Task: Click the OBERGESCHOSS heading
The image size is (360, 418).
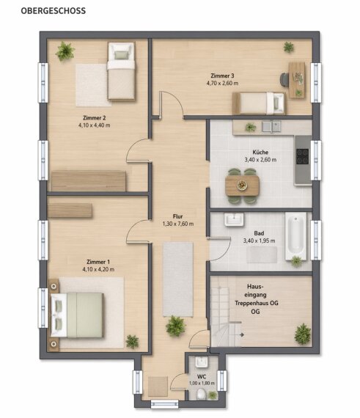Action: [54, 11]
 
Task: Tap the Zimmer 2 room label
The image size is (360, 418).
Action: [95, 118]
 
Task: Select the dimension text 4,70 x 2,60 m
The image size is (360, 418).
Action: [222, 83]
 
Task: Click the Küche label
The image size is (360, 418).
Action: [260, 153]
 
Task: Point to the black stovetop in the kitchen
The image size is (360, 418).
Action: [303, 156]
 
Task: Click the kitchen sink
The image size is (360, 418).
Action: [271, 127]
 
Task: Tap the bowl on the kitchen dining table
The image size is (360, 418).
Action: [242, 185]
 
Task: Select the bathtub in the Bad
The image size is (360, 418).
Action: [295, 236]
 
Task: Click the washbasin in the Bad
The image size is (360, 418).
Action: [234, 219]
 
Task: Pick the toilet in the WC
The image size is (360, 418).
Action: [202, 394]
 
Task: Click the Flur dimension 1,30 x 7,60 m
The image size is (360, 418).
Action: [178, 224]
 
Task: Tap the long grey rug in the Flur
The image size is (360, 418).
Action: [178, 279]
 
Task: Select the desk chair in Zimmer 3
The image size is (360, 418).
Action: [284, 79]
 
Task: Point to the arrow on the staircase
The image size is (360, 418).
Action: [242, 334]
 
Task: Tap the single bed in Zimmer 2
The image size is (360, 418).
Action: [121, 71]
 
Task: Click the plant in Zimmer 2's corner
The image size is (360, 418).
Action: [65, 51]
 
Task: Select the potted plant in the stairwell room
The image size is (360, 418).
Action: [303, 334]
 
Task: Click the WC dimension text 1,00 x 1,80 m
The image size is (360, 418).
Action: [202, 383]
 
